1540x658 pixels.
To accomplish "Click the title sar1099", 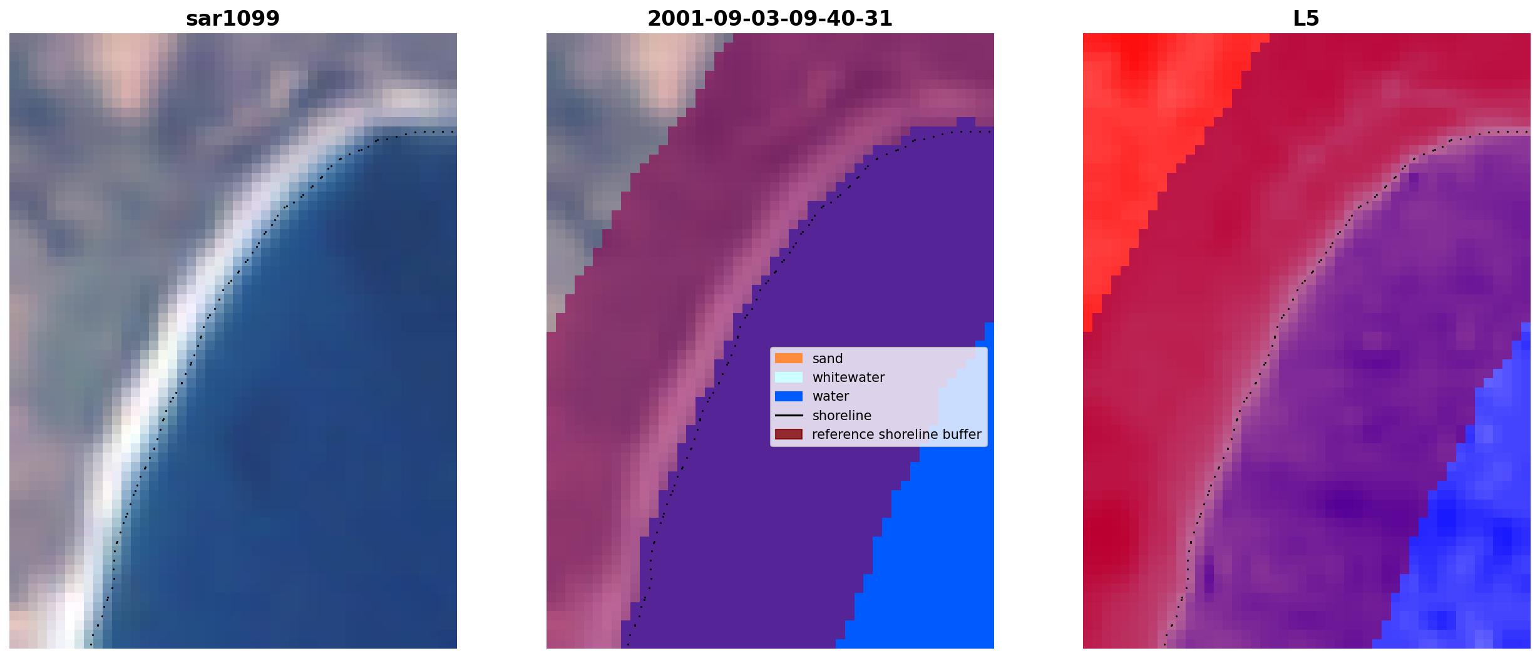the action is (x=233, y=19).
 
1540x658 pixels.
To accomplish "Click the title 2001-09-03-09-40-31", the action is (x=770, y=19).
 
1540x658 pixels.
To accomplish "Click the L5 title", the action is (x=1306, y=19).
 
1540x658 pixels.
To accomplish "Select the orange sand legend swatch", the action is (x=789, y=358).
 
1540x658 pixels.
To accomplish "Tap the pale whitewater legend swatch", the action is (x=789, y=378).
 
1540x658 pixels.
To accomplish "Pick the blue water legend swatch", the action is (x=789, y=396).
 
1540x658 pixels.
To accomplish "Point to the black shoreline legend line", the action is (x=789, y=416).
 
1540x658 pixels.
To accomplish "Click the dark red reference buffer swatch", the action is (x=789, y=434).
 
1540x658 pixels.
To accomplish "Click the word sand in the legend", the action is (x=828, y=359).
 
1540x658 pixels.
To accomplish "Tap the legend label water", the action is (x=831, y=396).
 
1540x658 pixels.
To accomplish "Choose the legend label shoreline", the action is (x=842, y=416).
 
